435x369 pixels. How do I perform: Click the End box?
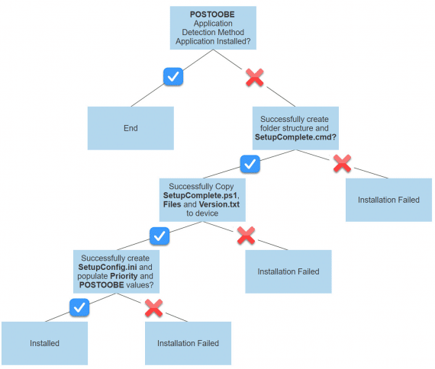(x=130, y=128)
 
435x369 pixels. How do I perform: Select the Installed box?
(x=44, y=343)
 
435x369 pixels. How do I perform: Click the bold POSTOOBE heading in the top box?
(x=212, y=14)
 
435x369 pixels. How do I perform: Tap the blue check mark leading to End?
(x=173, y=76)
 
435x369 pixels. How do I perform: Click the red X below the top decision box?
(x=253, y=76)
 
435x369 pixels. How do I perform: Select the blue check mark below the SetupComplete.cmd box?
(x=250, y=163)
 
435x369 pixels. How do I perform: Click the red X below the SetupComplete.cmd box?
(x=342, y=162)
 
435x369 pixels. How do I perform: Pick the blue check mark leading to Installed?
(x=79, y=307)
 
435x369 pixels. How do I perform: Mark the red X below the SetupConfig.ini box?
(x=154, y=307)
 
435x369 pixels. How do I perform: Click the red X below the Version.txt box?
(x=245, y=236)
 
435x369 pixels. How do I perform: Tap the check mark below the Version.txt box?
(x=159, y=236)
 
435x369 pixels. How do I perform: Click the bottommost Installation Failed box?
(x=188, y=343)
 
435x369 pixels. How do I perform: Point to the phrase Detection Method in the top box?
(x=212, y=32)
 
